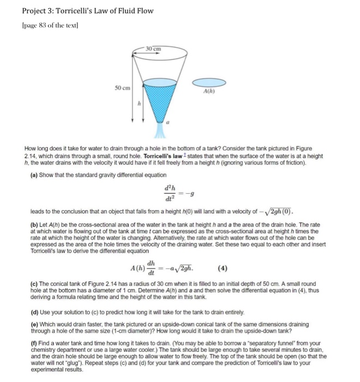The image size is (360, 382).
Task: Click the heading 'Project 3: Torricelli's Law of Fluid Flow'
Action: [87, 10]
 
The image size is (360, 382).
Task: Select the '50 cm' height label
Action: [122, 88]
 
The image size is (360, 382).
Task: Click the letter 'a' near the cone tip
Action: [168, 124]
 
